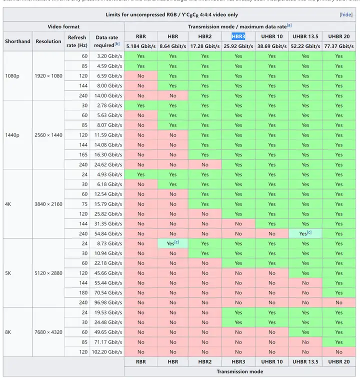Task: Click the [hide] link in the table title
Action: coord(346,15)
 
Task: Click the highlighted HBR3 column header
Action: coord(238,36)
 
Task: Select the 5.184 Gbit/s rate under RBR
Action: coord(140,46)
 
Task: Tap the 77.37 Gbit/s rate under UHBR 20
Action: coord(338,46)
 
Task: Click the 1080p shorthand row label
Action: coord(12,76)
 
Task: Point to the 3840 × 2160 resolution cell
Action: coord(48,204)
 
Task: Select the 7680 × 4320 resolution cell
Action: coord(48,332)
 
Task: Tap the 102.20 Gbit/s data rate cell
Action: coord(107,351)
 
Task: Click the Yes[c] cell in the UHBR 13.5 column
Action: coord(305,233)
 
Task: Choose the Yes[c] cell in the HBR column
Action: coord(172,243)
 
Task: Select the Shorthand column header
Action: coord(18,41)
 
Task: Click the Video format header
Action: coord(63,26)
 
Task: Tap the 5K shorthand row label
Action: coord(8,273)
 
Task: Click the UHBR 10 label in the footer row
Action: coord(271,361)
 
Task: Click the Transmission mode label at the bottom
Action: coord(239,371)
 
